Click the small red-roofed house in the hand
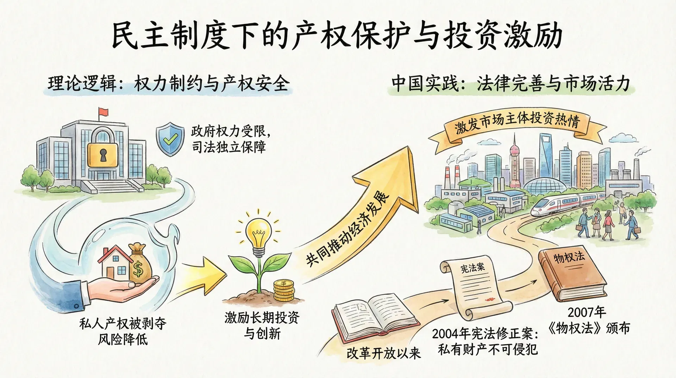point(115,262)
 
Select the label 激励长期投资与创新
point(262,325)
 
